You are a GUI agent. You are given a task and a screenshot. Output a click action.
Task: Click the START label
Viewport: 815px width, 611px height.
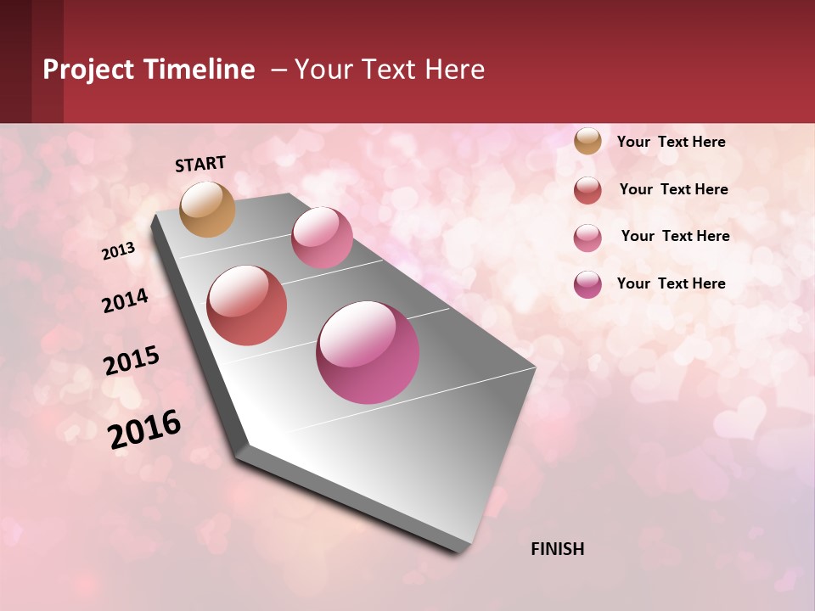pyautogui.click(x=200, y=164)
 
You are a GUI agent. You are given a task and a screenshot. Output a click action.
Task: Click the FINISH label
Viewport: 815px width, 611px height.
pyautogui.click(x=557, y=549)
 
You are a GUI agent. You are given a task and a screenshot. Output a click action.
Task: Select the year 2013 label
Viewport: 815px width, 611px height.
pyautogui.click(x=118, y=251)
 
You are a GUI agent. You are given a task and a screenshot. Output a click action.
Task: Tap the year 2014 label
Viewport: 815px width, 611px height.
pyautogui.click(x=125, y=301)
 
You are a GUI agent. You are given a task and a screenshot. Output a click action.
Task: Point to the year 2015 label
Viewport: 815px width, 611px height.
pyautogui.click(x=132, y=361)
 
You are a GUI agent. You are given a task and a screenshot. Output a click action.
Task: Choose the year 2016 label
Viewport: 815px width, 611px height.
pyautogui.click(x=144, y=429)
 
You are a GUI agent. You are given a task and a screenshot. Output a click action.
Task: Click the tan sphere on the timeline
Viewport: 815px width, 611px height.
pyautogui.click(x=207, y=209)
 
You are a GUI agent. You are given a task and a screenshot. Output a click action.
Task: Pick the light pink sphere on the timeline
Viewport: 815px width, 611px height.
pyautogui.click(x=322, y=238)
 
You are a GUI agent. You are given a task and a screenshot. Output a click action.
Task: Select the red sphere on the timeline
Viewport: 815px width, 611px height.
pyautogui.click(x=247, y=305)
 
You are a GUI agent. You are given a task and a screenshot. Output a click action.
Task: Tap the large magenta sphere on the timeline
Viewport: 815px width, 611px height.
pyautogui.click(x=368, y=352)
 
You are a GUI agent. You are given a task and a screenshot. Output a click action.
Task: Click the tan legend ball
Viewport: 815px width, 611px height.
pyautogui.click(x=587, y=142)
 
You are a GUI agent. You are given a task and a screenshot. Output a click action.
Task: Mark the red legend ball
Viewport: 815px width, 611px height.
pyautogui.click(x=587, y=190)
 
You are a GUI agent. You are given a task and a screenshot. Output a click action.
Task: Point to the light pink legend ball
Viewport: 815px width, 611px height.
pyautogui.click(x=587, y=238)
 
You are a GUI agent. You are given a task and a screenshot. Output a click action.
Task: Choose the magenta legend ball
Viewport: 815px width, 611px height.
pyautogui.click(x=587, y=284)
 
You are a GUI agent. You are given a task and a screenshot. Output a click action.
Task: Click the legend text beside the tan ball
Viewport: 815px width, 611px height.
pyautogui.click(x=671, y=142)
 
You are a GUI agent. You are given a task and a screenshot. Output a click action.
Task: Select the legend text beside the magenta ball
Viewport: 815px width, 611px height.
pyautogui.click(x=671, y=283)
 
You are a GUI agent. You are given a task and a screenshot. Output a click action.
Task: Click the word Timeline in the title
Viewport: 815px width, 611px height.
pyautogui.click(x=200, y=70)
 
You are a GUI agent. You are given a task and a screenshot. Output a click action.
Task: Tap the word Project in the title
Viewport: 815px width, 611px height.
pyautogui.click(x=88, y=70)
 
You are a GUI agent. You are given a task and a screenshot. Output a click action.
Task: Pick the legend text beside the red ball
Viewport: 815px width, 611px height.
pyautogui.click(x=673, y=189)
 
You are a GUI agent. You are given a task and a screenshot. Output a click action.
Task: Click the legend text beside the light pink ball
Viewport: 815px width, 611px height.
pyautogui.click(x=675, y=236)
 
